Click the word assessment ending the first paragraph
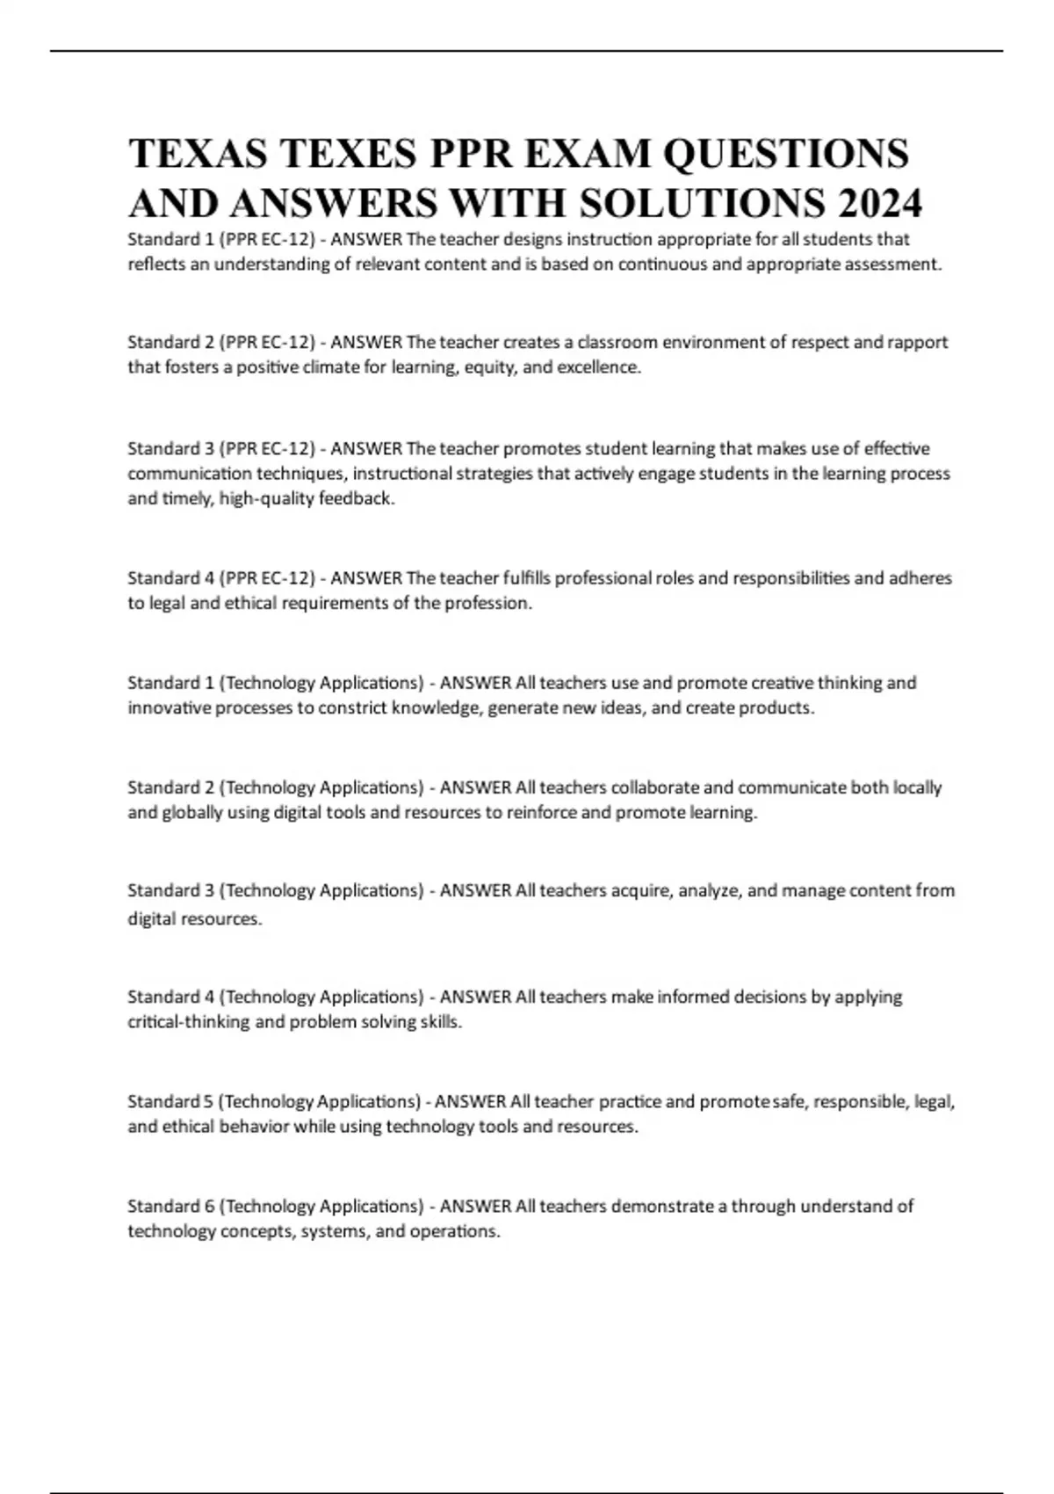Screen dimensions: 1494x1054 (x=892, y=264)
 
